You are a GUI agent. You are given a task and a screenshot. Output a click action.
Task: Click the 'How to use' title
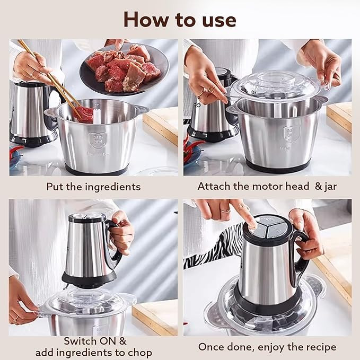click(180, 20)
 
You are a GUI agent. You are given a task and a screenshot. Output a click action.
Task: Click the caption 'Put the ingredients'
click(93, 187)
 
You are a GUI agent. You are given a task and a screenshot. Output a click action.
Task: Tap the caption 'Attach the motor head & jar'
click(267, 187)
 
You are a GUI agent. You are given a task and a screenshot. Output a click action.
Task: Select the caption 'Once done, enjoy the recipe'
click(267, 347)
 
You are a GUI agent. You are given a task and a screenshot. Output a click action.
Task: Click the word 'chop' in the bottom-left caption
click(140, 353)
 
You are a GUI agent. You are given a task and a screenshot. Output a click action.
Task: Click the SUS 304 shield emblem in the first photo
click(98, 140)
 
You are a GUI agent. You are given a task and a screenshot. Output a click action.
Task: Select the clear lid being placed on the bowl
click(277, 86)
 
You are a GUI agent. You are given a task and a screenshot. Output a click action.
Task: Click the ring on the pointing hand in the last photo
click(225, 210)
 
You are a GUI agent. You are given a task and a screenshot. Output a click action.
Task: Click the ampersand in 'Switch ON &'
click(123, 341)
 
